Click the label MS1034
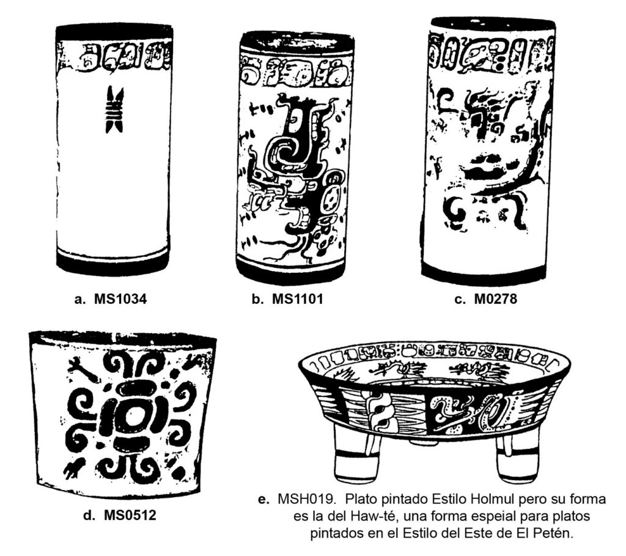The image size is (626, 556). click(120, 298)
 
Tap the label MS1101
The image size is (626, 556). click(298, 298)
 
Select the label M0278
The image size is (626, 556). click(495, 298)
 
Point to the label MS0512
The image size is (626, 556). click(130, 515)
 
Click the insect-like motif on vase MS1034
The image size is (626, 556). click(114, 109)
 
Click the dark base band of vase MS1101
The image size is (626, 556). click(290, 272)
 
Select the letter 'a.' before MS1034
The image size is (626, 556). click(80, 299)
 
